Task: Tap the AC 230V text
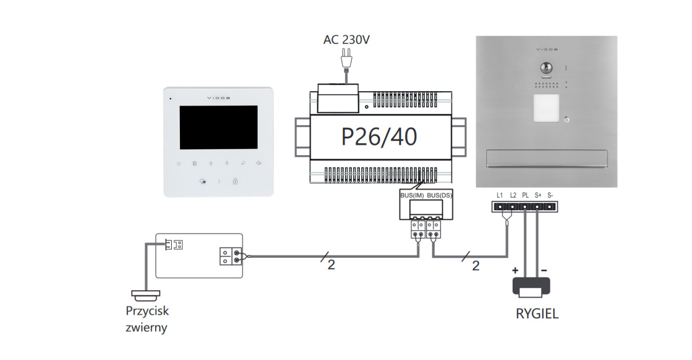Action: point(347,40)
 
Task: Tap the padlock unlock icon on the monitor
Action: point(235,182)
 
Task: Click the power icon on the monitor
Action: point(179,164)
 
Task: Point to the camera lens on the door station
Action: point(546,68)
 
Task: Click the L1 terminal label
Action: point(499,195)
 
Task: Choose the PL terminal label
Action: point(525,195)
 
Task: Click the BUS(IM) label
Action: point(412,196)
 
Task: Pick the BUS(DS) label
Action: point(439,196)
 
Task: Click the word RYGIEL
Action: point(537,315)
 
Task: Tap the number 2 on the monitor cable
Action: point(331,265)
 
